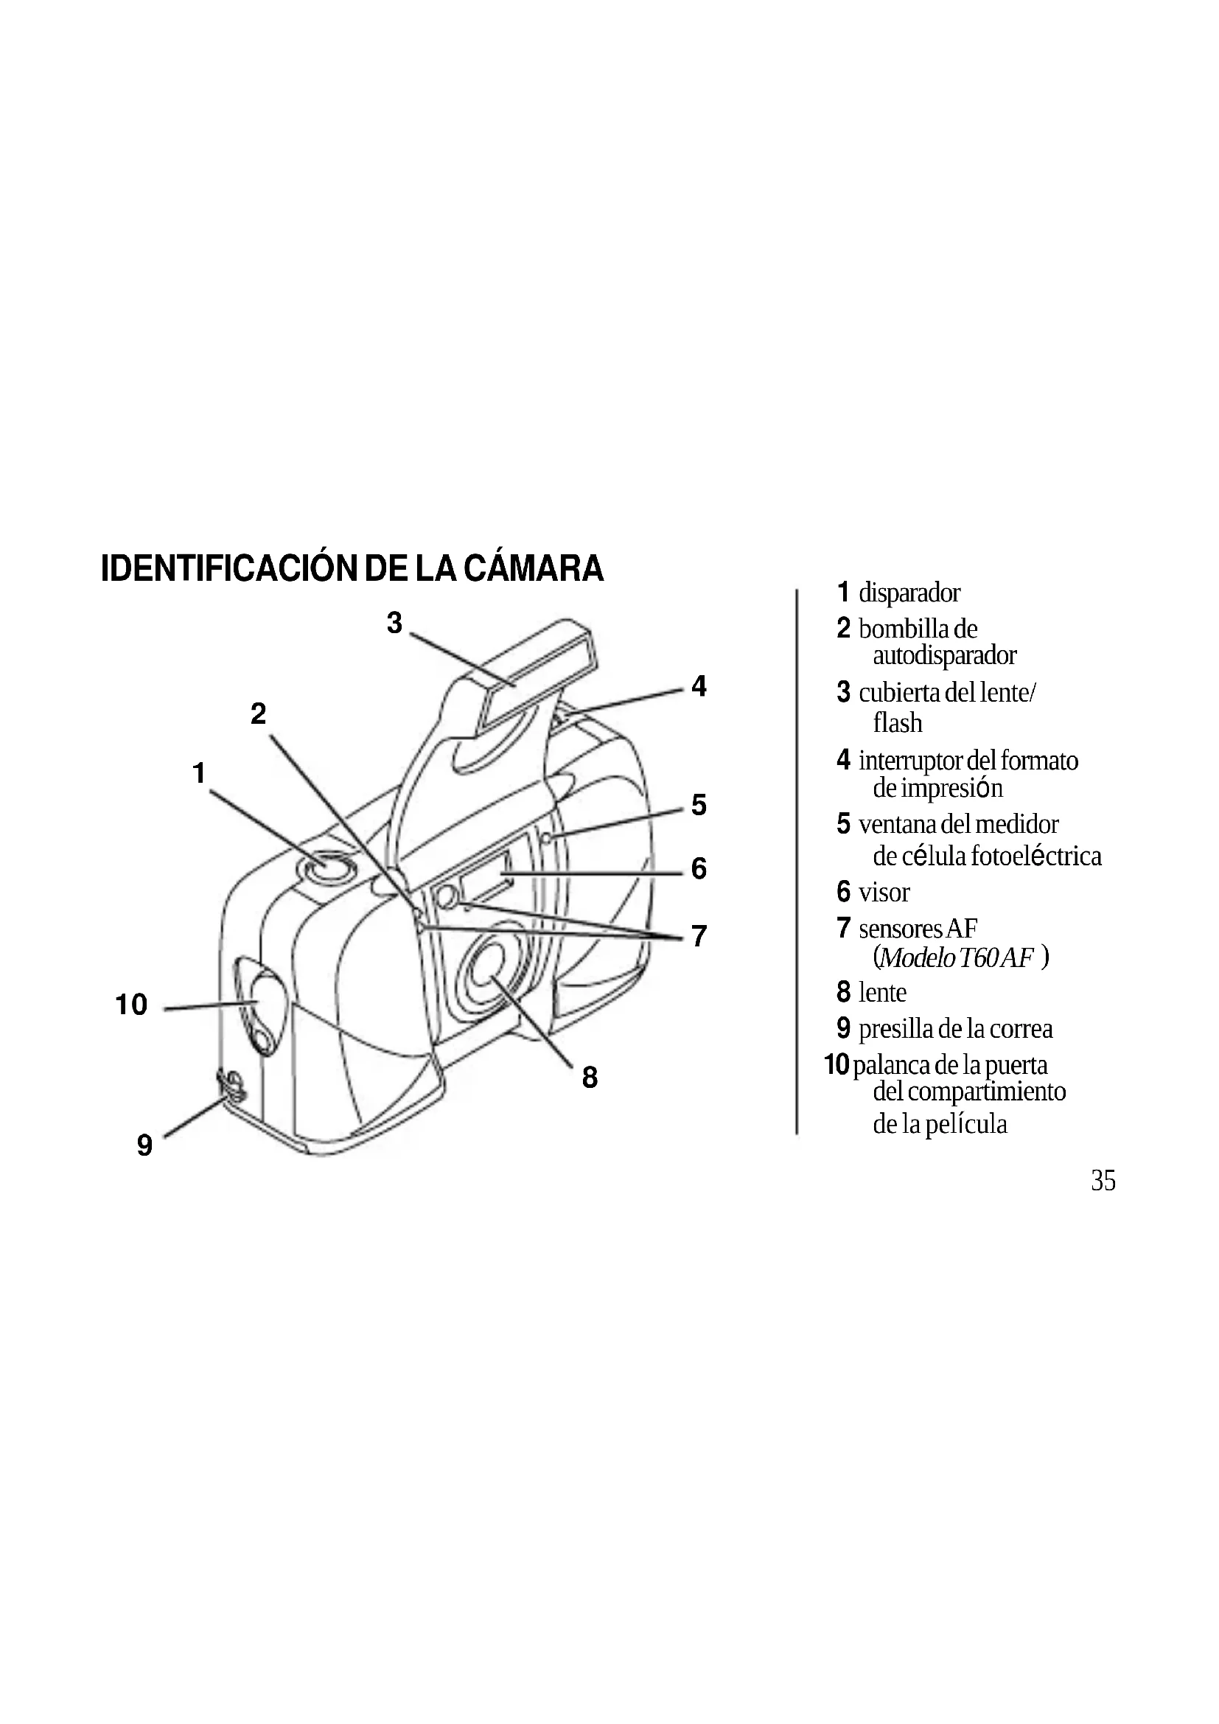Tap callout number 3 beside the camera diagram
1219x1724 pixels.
point(395,623)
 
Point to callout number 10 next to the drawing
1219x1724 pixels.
point(131,1005)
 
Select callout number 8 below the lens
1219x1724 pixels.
point(590,1078)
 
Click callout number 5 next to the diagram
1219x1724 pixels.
point(699,805)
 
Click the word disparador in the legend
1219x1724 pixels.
point(909,593)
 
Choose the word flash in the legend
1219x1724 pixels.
point(898,723)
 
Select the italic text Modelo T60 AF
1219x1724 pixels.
point(959,958)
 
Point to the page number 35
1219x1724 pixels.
point(1103,1181)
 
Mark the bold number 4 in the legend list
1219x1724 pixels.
point(844,760)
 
